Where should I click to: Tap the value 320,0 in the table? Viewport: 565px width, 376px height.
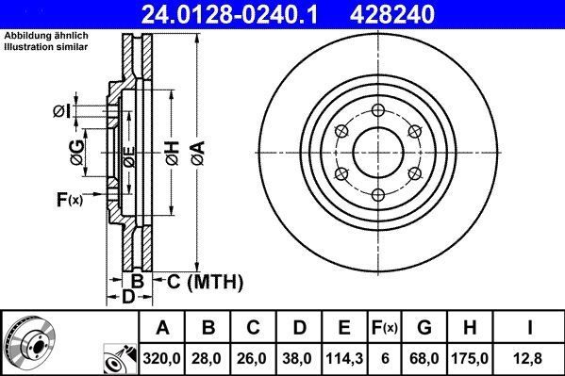[162, 357]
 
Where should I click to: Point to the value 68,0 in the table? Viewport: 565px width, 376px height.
[424, 357]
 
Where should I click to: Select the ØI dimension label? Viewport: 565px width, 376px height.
[60, 112]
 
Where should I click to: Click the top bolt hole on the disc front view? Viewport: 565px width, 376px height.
[378, 108]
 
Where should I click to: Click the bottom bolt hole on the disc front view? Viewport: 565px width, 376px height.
[378, 195]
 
